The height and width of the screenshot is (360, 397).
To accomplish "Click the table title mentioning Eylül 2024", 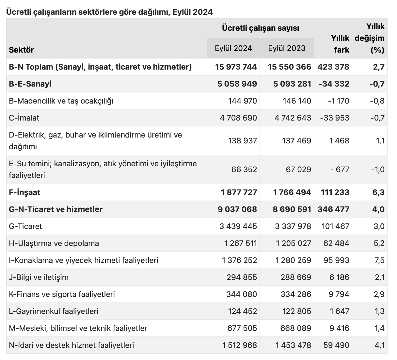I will [109, 12].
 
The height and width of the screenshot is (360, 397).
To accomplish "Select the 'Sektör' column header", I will [22, 50].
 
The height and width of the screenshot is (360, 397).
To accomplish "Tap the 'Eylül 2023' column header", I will [287, 48].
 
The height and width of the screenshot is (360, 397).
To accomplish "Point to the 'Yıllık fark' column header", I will [340, 44].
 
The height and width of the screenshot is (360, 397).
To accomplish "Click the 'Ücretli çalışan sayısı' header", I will [260, 28].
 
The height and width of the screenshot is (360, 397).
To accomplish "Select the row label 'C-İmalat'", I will [24, 118].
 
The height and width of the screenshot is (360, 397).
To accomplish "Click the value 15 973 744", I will [236, 67].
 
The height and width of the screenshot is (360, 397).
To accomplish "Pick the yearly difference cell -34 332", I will [334, 84].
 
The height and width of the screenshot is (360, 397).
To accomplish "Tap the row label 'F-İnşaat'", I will [24, 192].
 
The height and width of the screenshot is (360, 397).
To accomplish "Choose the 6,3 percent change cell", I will [378, 192].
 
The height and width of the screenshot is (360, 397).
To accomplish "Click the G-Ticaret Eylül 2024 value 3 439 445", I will [238, 226].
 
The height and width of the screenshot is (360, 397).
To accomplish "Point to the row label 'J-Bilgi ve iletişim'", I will [39, 277].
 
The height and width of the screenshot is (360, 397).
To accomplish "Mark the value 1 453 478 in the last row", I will [293, 345].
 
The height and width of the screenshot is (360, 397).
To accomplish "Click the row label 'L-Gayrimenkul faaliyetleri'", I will [54, 311].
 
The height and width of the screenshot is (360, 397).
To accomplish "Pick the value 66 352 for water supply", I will [244, 170].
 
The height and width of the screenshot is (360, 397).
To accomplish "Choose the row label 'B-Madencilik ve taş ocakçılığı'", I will [61, 101].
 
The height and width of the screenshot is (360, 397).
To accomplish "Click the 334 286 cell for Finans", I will [296, 294].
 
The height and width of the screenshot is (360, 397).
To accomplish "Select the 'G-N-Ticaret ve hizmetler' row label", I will [56, 209].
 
